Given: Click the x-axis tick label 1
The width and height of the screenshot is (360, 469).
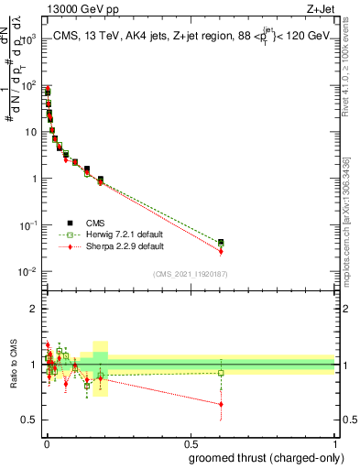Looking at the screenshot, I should (x=335, y=442).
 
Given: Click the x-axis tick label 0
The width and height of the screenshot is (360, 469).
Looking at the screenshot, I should (x=45, y=442).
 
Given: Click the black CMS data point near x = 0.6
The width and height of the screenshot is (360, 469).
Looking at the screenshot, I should (x=220, y=242).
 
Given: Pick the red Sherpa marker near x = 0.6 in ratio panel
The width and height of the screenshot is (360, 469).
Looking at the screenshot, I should (x=220, y=404).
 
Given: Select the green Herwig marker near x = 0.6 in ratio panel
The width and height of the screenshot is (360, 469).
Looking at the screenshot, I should (x=220, y=373).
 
